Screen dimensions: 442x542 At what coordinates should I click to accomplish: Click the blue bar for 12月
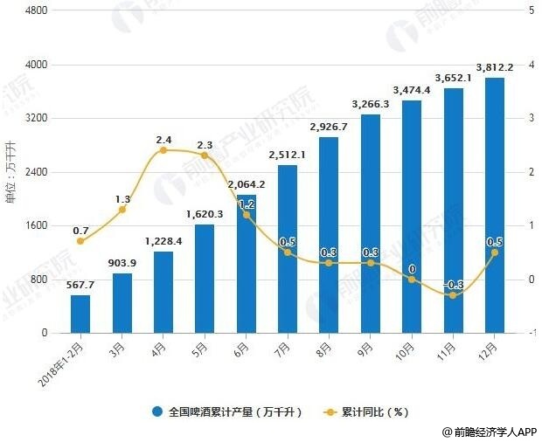click(494, 205)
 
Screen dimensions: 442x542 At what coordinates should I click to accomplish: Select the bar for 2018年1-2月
click(80, 314)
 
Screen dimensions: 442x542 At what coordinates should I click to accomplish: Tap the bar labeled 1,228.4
click(163, 292)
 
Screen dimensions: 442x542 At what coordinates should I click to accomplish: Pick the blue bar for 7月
click(287, 249)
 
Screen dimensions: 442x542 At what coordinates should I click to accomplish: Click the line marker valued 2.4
click(163, 150)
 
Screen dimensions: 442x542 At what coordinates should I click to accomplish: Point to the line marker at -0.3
click(453, 295)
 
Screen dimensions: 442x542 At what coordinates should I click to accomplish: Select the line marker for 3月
click(122, 210)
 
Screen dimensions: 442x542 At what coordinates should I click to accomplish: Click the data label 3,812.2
click(494, 67)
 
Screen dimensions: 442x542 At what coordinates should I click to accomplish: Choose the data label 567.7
click(80, 285)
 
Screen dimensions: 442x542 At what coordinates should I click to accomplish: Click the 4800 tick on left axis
click(37, 10)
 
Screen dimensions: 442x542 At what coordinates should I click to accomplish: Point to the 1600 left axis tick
click(37, 225)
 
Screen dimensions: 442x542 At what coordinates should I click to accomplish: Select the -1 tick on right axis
click(527, 333)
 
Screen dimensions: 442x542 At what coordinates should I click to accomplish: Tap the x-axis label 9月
click(368, 349)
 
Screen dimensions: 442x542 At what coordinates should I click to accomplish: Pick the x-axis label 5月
click(202, 349)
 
